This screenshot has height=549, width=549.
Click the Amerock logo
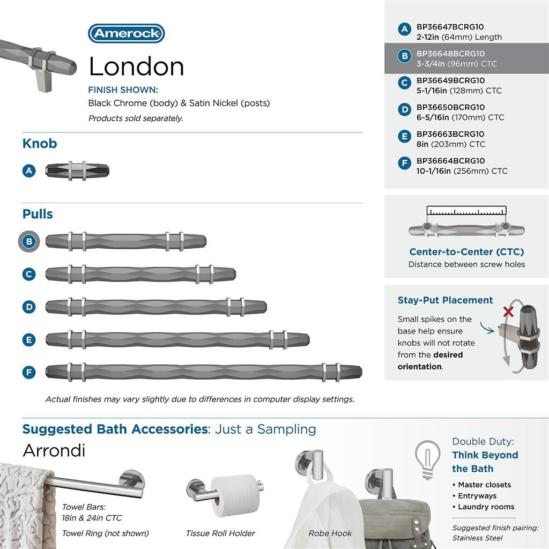pyautogui.click(x=126, y=33)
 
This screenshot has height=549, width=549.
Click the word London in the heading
pyautogui.click(x=136, y=66)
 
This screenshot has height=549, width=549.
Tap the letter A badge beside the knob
pyautogui.click(x=29, y=170)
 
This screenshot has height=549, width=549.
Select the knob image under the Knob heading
pyautogui.click(x=77, y=170)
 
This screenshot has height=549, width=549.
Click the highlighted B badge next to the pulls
pyautogui.click(x=29, y=241)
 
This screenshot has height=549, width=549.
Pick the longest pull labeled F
pyautogui.click(x=204, y=372)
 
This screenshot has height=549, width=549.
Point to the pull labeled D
pyautogui.click(x=155, y=307)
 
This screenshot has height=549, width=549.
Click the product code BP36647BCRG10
pyautogui.click(x=450, y=27)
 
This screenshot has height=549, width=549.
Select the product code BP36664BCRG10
pyautogui.click(x=450, y=161)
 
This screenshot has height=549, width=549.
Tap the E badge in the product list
pyautogui.click(x=405, y=137)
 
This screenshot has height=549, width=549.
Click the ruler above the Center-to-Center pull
pyautogui.click(x=466, y=211)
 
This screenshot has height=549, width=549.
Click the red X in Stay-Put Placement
pyautogui.click(x=508, y=311)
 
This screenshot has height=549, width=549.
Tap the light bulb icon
pyautogui.click(x=428, y=458)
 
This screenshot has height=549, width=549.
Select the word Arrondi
pyautogui.click(x=54, y=451)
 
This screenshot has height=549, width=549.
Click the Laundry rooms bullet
pyautogui.click(x=486, y=507)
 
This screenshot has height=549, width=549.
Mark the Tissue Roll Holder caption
pyautogui.click(x=220, y=533)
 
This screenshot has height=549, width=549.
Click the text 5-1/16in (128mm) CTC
pyautogui.click(x=459, y=91)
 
